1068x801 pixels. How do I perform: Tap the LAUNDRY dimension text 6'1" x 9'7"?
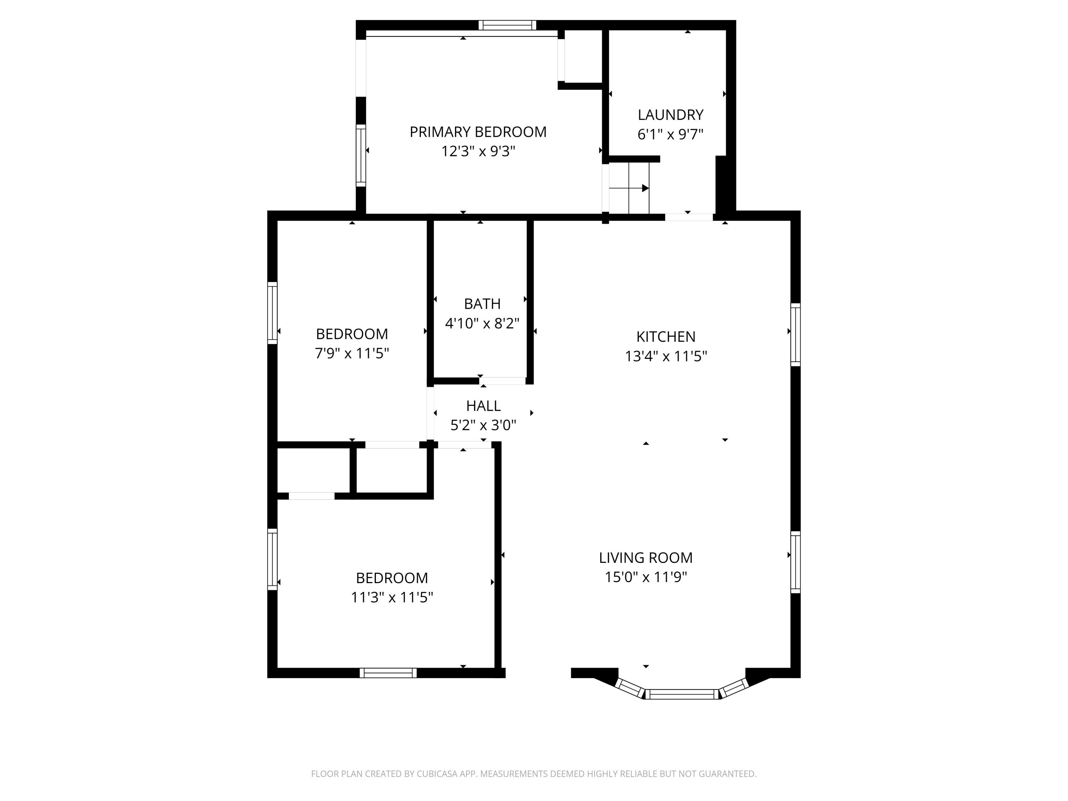pos(670,134)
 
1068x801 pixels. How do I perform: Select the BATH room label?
pos(482,304)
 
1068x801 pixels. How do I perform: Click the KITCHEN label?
pos(665,336)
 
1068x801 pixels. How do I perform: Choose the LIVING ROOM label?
pos(645,557)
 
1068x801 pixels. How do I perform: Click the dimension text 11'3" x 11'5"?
pos(392,597)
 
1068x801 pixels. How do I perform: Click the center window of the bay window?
pos(682,694)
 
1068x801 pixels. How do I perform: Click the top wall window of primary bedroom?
pos(507,25)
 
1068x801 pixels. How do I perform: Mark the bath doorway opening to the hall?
pos(504,381)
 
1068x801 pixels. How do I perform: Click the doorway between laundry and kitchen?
pos(689,217)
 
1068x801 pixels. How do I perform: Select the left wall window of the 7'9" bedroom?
pos(272,313)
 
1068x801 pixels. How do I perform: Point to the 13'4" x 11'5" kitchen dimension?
pos(665,356)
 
